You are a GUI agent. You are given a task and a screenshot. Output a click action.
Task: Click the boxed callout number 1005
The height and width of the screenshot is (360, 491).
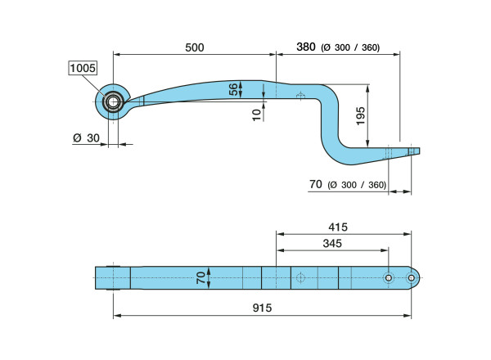coord(83,68)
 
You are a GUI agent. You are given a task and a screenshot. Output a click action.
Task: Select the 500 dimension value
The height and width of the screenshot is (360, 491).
coord(195,47)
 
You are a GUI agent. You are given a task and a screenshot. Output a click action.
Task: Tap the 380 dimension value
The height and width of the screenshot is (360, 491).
coord(306,47)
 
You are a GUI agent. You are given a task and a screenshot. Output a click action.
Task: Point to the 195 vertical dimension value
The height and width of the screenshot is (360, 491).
coord(361,116)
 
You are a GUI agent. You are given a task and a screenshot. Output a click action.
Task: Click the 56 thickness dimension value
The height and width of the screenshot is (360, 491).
coord(233,89)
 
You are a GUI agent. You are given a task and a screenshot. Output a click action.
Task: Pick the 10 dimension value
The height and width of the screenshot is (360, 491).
coord(256,115)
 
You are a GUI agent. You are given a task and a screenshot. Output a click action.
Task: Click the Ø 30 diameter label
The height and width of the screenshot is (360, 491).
coord(86,137)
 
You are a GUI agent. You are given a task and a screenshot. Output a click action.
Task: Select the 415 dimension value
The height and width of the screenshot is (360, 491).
coord(338,227)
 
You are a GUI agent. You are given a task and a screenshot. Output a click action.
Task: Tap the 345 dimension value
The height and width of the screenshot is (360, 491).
coord(332,243)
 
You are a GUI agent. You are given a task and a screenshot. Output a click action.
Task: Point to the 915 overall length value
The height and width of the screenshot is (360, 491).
coord(262,308)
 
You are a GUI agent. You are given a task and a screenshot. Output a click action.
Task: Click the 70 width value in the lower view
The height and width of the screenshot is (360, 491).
coord(201,277)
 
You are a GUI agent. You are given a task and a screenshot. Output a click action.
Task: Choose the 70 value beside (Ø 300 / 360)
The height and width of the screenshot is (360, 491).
coord(316,184)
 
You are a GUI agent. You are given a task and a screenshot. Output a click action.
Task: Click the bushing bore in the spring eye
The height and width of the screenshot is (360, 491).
coord(113,101)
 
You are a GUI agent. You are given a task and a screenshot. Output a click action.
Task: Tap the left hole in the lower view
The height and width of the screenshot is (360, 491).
coord(388,277)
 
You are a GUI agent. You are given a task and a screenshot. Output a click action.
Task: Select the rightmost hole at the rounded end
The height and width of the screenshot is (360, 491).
coord(411,277)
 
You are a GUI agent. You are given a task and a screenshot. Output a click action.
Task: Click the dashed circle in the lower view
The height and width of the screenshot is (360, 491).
coord(300,277)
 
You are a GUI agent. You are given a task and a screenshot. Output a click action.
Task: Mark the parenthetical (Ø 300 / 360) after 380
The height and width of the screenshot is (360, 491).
coord(350,47)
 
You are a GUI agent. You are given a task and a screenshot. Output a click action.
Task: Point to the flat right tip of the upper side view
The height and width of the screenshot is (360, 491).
coord(419,151)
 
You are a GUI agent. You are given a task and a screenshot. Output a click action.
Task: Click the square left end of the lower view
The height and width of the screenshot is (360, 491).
coord(96,278)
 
